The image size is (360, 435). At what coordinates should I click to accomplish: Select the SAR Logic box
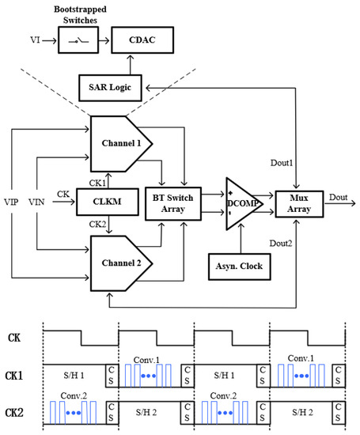pos(111,88)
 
